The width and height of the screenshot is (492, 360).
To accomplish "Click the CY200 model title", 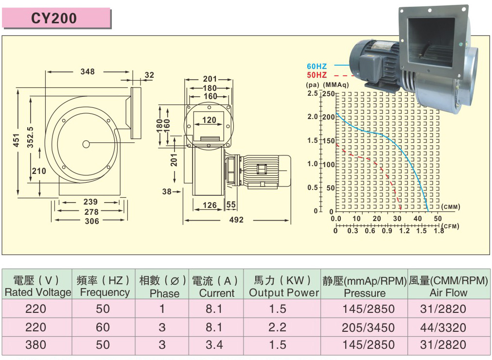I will [54, 18].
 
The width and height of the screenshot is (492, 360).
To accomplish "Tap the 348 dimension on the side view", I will [88, 72].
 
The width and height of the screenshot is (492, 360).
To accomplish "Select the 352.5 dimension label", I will [30, 138].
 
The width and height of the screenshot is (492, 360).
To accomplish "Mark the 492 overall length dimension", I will [236, 220].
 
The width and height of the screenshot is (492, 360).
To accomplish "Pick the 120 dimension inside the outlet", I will [209, 120].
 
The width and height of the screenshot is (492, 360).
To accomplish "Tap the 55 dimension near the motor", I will [231, 205].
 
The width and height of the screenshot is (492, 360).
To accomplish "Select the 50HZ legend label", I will [316, 75].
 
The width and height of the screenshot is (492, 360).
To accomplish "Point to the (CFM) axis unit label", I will [451, 226].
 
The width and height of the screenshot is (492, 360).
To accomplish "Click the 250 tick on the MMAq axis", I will [329, 94].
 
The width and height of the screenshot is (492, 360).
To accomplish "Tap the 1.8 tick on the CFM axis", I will [439, 231].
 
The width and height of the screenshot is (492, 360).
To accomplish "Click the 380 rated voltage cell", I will [36, 345].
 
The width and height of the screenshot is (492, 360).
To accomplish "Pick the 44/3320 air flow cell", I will [443, 327].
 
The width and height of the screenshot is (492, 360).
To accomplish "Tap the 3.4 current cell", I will [214, 345].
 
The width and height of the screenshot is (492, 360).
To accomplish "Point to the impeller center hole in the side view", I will [86, 144].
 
